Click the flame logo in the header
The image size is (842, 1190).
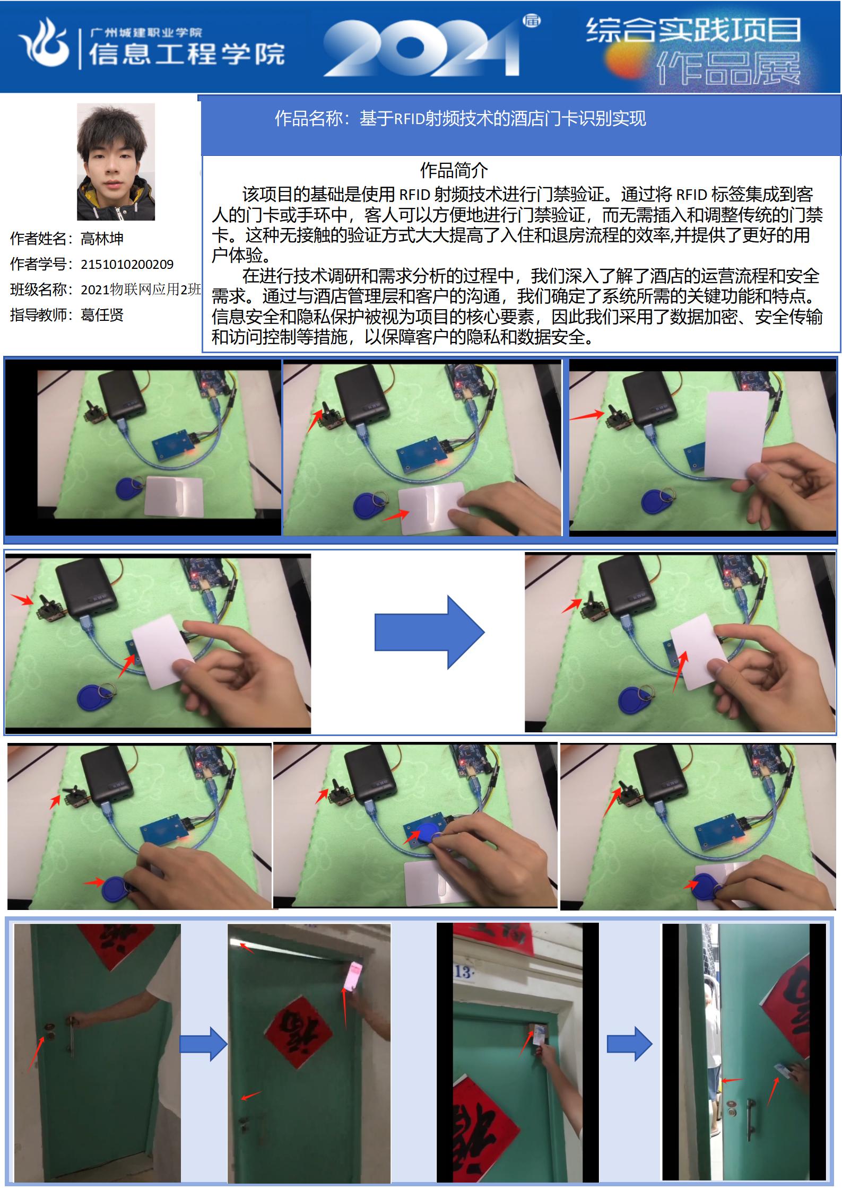pos(45,42)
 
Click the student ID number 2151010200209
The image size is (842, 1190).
pos(127,264)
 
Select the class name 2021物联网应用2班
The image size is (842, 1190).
pos(141,290)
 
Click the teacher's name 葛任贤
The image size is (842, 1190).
pos(102,315)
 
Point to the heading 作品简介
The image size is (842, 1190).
pos(454,171)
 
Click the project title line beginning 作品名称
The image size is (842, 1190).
pos(460,118)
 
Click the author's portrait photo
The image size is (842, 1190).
pos(116,162)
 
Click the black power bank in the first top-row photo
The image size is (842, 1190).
pos(123,394)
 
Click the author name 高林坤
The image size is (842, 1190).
pos(102,239)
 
